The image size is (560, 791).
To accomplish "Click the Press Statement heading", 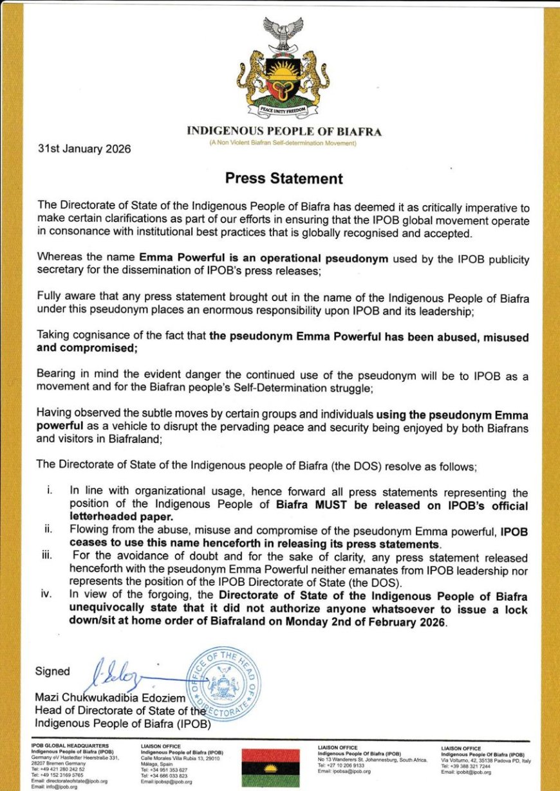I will coord(284,178).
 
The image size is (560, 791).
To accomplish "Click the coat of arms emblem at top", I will coord(284,68).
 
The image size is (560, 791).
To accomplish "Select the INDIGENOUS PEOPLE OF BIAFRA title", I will coord(284,132).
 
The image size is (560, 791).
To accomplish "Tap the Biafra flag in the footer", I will coord(270,767).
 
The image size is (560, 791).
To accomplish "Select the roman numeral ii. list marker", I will coord(48,529).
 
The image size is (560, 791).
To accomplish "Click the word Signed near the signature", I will coord(53,671).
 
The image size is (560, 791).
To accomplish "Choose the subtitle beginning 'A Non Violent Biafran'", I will coord(283,143).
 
